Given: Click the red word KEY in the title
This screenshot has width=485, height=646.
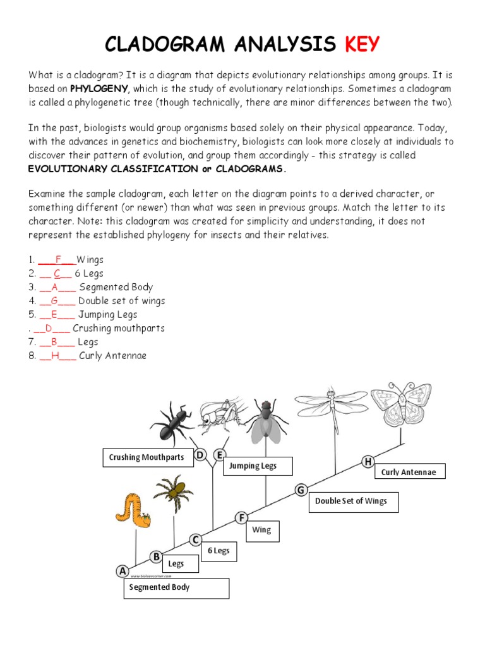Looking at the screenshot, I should tap(362, 44).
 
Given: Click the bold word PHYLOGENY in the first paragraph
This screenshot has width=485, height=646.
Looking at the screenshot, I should tap(99, 89).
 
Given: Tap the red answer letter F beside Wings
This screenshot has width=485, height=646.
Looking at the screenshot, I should tap(57, 259).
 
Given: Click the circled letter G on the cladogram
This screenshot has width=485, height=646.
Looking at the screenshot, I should tap(301, 490).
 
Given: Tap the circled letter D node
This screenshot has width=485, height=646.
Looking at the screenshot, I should tap(201, 455).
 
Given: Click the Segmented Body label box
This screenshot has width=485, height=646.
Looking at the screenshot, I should tap(176, 587).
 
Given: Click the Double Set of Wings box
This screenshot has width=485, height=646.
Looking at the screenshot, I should tap(353, 502).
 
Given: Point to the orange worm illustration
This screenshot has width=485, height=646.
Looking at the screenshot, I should tap(133, 508).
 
